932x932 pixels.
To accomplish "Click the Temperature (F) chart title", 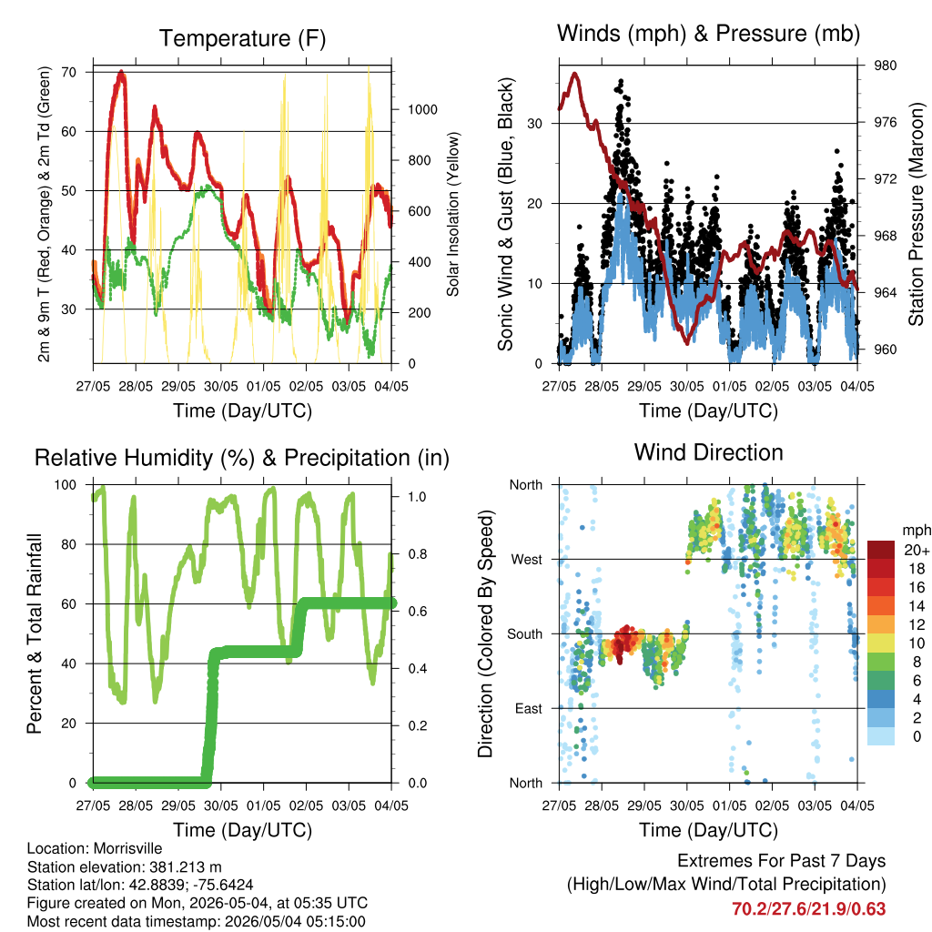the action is point(242,38).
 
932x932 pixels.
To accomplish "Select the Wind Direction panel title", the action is point(708,452).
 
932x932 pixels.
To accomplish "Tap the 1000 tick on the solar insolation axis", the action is point(422,109).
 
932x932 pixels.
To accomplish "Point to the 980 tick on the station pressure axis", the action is point(885,66).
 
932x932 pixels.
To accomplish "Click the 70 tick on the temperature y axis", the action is point(69,72).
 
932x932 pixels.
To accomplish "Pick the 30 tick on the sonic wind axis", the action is point(534,124).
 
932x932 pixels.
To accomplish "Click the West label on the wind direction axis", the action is point(527,560).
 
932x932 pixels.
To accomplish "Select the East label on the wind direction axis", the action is point(529,708).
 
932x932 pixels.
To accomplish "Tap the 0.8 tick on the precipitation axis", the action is point(417,554).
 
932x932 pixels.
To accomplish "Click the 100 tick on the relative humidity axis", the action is point(66,484).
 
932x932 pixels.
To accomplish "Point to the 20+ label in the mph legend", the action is point(917,550).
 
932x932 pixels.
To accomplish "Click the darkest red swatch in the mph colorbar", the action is point(881,550).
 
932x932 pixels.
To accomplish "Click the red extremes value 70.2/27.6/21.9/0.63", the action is point(808,909).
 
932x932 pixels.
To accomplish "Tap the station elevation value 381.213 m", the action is point(183,866).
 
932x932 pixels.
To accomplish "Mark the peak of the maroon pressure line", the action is point(574,74).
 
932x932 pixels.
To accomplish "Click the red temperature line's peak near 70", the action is point(121,73).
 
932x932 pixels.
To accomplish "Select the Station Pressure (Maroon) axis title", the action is point(916,214).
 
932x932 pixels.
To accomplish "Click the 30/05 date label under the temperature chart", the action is point(221,386).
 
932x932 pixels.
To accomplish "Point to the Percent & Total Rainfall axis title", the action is point(35,633).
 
